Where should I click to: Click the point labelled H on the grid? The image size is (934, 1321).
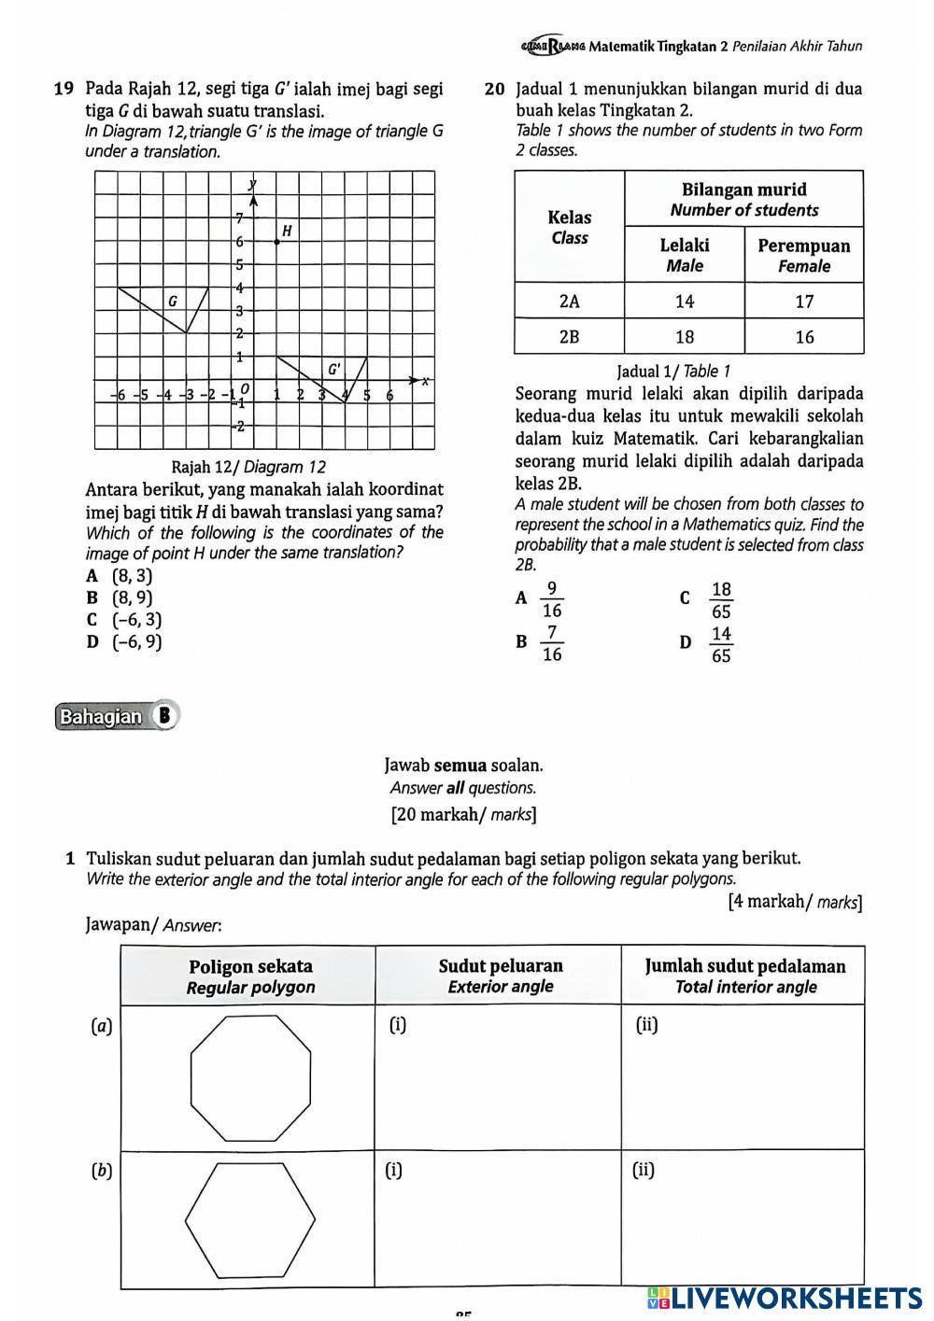tap(276, 241)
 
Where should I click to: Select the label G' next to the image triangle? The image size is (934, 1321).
tap(333, 369)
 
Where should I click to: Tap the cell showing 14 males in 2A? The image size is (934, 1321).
tap(684, 302)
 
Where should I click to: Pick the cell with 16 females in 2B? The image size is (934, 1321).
tap(804, 337)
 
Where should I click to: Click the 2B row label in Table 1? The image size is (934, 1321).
tap(569, 337)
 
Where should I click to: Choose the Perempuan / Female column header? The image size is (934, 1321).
tap(804, 256)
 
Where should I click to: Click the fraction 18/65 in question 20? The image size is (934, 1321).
tap(721, 600)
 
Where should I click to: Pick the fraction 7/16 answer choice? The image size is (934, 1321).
tap(552, 644)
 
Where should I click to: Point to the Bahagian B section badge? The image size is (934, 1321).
tap(116, 716)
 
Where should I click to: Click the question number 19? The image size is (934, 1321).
tap(64, 90)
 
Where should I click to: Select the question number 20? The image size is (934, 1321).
tap(495, 90)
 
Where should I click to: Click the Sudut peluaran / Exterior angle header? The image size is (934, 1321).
tap(501, 976)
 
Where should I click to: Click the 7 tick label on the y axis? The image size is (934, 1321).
tap(239, 218)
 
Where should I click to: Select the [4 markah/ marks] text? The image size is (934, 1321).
tap(795, 902)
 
